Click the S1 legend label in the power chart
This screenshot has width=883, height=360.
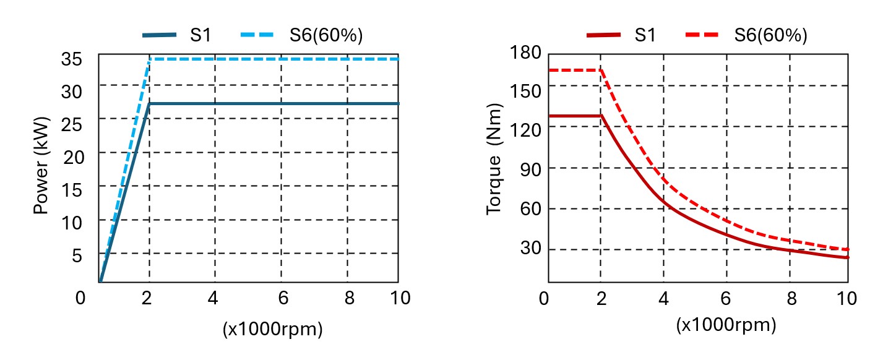tap(200, 35)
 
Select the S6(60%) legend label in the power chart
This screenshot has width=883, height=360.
tap(326, 35)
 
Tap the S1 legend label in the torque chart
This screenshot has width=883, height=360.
tap(645, 35)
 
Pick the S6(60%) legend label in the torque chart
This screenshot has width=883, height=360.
tap(770, 35)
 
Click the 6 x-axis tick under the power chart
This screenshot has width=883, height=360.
tap(283, 298)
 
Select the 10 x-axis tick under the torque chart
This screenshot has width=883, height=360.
tap(846, 298)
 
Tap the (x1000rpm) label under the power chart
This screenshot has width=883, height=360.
tap(273, 330)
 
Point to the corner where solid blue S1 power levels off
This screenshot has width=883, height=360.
tap(149, 103)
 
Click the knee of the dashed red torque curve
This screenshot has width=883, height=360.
tap(600, 70)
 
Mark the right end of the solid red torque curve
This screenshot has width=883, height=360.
tap(847, 257)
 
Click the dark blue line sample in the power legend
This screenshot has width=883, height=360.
tap(160, 35)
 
